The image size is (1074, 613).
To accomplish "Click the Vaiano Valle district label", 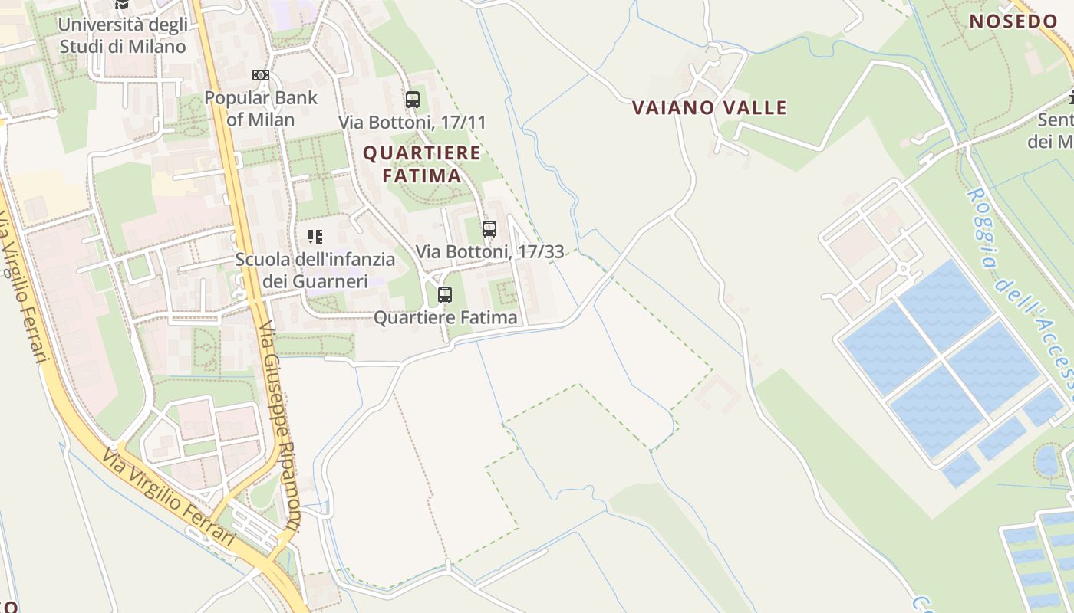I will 710,108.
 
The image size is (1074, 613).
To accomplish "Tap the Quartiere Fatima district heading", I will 421,164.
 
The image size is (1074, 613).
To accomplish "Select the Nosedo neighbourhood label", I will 1013,21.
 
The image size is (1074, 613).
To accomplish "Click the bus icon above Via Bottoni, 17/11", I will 413,100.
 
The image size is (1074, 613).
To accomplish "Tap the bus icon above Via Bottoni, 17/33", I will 489,228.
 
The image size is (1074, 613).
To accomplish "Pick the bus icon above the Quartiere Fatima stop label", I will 445,295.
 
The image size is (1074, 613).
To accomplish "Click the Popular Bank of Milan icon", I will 261,75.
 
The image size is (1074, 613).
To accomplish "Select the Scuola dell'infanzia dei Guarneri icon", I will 315,236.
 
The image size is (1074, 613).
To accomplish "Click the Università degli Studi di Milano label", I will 123,35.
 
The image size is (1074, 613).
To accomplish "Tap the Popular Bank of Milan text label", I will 261,109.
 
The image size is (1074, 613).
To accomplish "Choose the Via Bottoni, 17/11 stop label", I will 413,123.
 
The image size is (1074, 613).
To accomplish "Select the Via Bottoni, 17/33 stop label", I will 489,251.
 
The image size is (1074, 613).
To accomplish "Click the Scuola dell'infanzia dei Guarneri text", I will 315,270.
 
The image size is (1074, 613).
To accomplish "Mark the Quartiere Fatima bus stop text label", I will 445,317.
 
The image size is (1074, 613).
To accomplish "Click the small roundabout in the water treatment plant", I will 903,269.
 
